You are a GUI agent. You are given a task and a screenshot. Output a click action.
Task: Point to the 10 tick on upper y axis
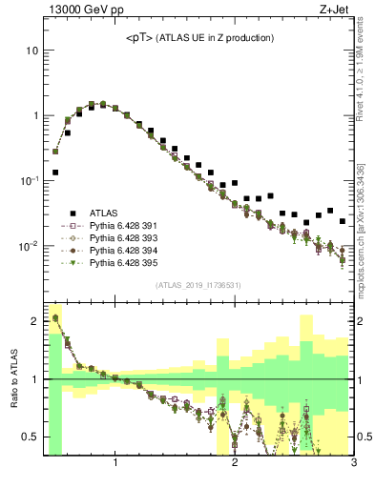tap(31, 50)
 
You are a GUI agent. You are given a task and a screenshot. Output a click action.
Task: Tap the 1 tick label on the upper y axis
tap(34, 115)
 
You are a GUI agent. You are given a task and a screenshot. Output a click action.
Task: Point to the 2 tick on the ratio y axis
tap(34, 321)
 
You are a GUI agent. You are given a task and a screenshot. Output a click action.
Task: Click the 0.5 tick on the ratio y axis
tap(31, 437)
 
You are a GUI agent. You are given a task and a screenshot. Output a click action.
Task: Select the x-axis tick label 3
tap(353, 465)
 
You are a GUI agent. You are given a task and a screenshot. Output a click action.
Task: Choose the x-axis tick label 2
tap(235, 465)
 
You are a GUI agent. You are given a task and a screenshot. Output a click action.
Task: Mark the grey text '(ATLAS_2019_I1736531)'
tap(198, 286)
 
